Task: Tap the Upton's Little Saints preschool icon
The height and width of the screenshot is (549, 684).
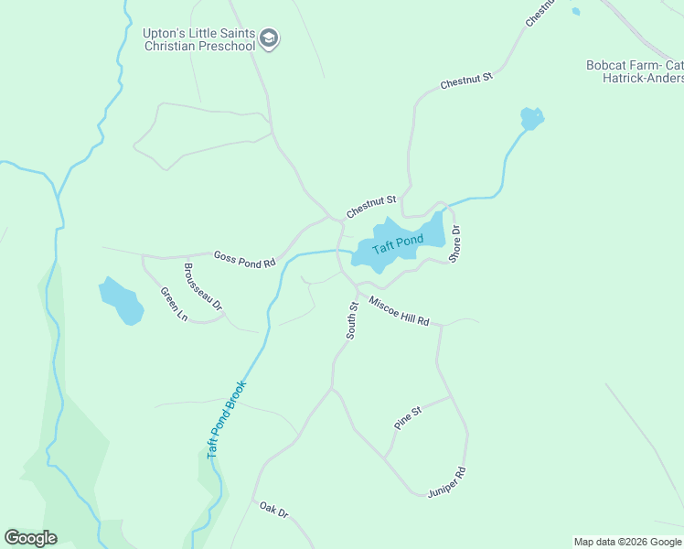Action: [x=269, y=38]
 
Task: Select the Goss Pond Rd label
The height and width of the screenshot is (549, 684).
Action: [x=244, y=259]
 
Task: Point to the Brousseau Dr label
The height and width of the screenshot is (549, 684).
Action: [x=203, y=287]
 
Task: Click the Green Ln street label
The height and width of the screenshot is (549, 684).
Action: [x=174, y=305]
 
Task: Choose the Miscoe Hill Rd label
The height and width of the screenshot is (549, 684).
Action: [x=400, y=311]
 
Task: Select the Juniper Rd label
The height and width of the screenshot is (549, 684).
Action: [x=447, y=482]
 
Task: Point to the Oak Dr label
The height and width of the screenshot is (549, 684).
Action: [x=273, y=510]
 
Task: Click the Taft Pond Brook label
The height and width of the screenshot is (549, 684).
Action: [x=227, y=419]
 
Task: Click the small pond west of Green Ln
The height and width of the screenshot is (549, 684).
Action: [x=122, y=300]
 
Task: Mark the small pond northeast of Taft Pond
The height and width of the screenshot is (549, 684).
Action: [x=531, y=118]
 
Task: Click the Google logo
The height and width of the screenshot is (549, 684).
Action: [x=30, y=538]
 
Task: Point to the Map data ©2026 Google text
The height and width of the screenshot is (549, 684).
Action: [x=627, y=542]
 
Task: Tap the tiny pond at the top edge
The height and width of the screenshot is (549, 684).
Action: [x=575, y=11]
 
